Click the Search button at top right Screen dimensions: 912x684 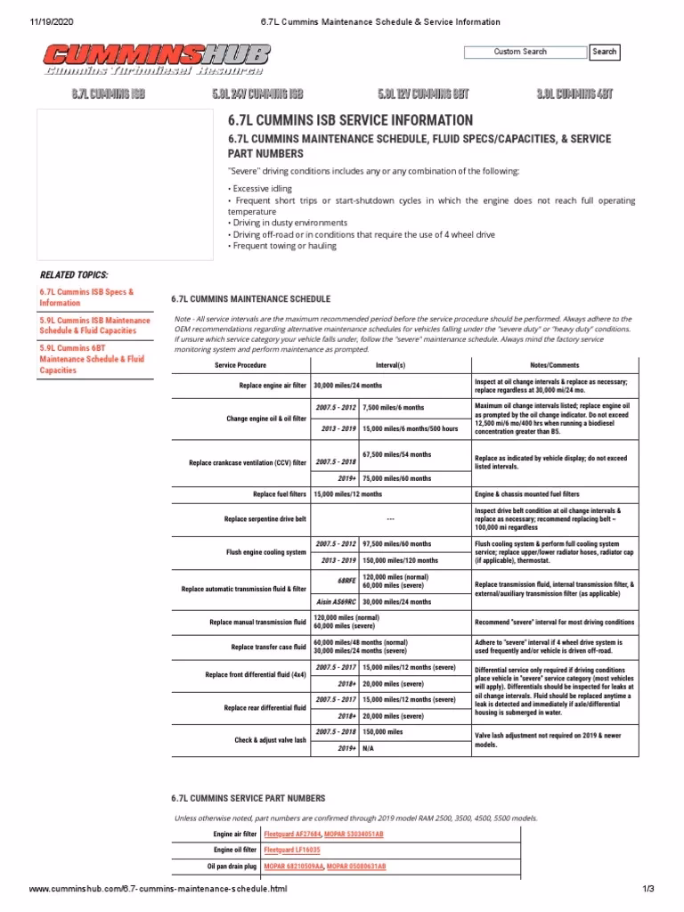pos(604,52)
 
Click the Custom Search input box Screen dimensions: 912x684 pos(534,52)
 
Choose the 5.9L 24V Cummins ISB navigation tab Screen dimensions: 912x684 pos(257,93)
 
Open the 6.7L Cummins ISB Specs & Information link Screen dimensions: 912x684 pos(86,297)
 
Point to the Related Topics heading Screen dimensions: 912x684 pos(74,274)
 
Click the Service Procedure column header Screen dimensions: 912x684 pos(240,365)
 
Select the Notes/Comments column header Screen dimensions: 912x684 pos(554,365)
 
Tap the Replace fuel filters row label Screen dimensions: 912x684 pos(279,493)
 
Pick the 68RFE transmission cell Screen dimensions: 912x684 pos(346,581)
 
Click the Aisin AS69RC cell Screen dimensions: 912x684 pos(335,601)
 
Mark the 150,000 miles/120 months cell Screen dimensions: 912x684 pos(400,560)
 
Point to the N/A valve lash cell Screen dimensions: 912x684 pos(367,749)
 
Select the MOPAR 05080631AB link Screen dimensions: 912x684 pos(355,866)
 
